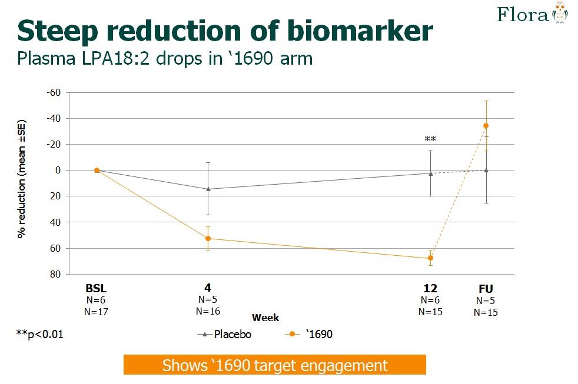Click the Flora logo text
[x=523, y=14]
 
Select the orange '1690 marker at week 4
[x=208, y=238]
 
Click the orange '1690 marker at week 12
[x=430, y=258]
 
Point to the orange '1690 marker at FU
[x=486, y=125]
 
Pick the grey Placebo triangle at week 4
[x=208, y=189]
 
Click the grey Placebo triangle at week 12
[x=430, y=173]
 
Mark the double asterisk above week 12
[x=430, y=140]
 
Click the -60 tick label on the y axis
[x=54, y=92]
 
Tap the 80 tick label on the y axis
[x=56, y=274]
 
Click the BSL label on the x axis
[x=97, y=288]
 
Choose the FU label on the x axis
[x=486, y=288]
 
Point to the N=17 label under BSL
[x=97, y=312]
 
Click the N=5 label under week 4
[x=208, y=299]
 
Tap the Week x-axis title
[x=265, y=318]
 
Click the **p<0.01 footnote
[x=39, y=334]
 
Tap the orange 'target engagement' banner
[x=274, y=365]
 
